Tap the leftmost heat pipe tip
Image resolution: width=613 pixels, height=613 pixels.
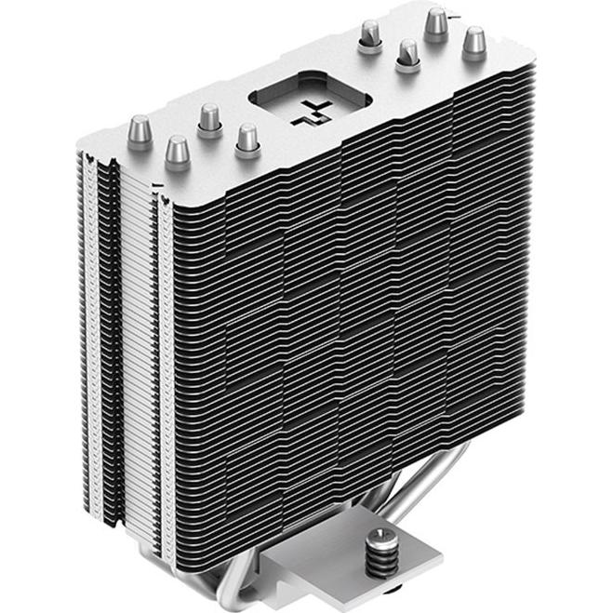coord(140,128)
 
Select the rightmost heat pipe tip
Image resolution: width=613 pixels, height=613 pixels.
coord(474,40)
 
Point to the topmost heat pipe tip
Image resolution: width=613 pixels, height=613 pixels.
coord(435,20)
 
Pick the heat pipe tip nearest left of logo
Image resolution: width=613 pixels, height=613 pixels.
coord(247,137)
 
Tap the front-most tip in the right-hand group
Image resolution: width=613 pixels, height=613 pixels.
coord(406,54)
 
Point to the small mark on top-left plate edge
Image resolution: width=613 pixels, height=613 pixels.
coord(155,185)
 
